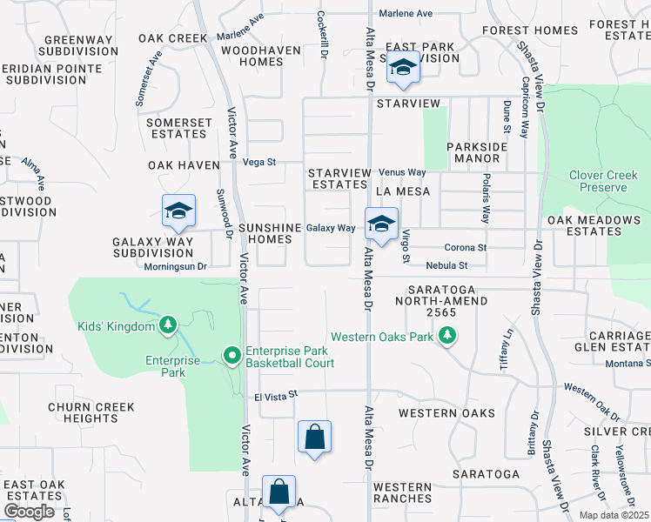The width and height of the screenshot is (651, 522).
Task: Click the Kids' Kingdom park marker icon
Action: (169, 326)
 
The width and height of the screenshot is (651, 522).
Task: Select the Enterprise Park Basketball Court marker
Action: (232, 356)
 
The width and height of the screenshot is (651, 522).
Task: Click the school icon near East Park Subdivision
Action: (403, 67)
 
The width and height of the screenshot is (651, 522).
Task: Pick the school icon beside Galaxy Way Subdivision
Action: (178, 211)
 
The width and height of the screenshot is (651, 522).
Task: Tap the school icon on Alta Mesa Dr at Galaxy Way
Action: (380, 224)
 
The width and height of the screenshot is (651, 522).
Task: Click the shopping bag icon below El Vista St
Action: (314, 438)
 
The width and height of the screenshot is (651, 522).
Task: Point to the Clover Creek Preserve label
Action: (597, 181)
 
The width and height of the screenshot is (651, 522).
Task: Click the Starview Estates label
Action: (339, 178)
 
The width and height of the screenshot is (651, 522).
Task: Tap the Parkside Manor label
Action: (477, 153)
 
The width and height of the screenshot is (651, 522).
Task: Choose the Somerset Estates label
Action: (178, 128)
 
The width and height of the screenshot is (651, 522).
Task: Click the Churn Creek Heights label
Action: (91, 412)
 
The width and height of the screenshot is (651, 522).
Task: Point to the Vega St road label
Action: (258, 162)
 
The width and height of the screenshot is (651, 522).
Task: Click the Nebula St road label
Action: (446, 265)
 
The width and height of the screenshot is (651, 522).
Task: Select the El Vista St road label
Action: (276, 395)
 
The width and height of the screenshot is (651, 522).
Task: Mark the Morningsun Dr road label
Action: (175, 266)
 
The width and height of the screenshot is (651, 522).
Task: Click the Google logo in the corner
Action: (29, 512)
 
